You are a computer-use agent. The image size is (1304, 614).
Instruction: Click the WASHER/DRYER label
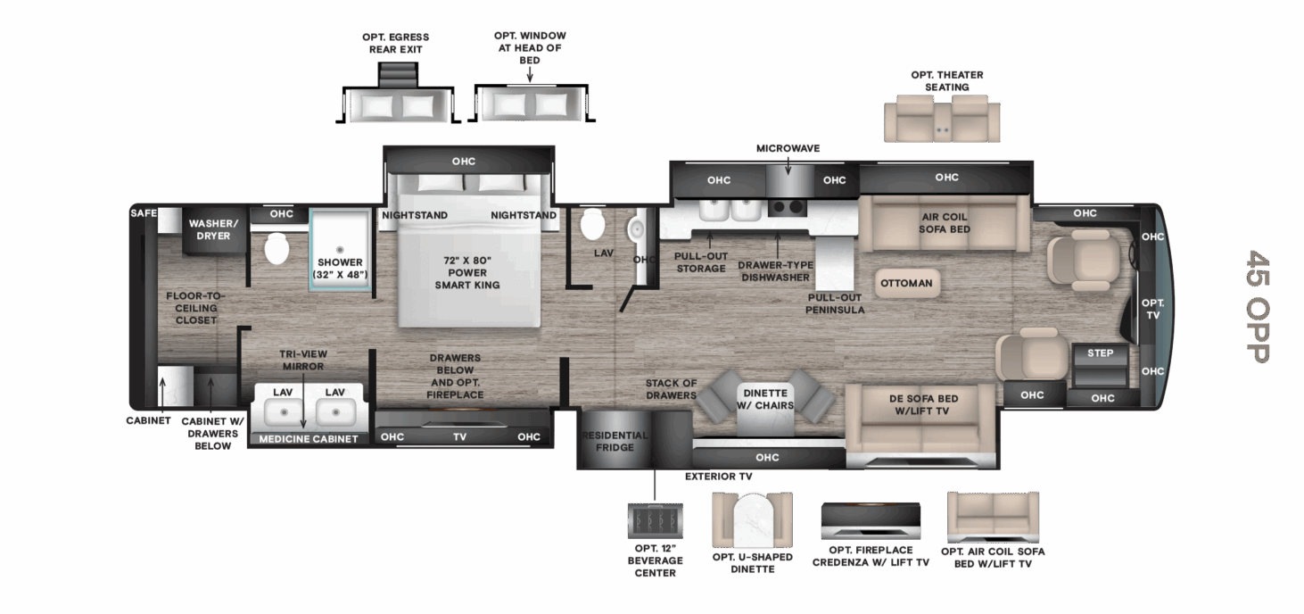click(213, 229)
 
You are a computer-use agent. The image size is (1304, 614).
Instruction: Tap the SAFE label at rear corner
click(144, 213)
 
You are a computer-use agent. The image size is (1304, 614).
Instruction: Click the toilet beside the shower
click(276, 249)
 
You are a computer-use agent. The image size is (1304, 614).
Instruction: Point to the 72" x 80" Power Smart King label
click(466, 272)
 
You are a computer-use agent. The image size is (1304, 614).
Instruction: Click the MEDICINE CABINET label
click(309, 438)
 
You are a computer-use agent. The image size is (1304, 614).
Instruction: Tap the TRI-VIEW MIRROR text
click(302, 360)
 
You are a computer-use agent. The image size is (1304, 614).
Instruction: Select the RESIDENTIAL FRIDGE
click(615, 441)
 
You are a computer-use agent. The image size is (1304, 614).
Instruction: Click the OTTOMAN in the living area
click(906, 283)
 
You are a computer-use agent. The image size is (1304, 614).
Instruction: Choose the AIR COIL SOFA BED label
click(944, 223)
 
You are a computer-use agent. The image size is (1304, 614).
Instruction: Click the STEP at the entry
click(1100, 353)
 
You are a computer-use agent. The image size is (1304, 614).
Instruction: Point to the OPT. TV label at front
click(1152, 309)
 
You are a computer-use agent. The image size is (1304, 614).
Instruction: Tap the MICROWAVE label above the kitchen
click(788, 148)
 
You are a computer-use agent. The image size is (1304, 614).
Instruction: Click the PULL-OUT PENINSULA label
click(836, 303)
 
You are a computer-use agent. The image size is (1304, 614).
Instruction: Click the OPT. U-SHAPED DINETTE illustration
click(752, 521)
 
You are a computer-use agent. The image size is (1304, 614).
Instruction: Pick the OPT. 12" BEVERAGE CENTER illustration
click(655, 519)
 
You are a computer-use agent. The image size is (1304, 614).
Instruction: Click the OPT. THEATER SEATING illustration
click(942, 121)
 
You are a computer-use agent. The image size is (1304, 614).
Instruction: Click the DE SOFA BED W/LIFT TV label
click(922, 404)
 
